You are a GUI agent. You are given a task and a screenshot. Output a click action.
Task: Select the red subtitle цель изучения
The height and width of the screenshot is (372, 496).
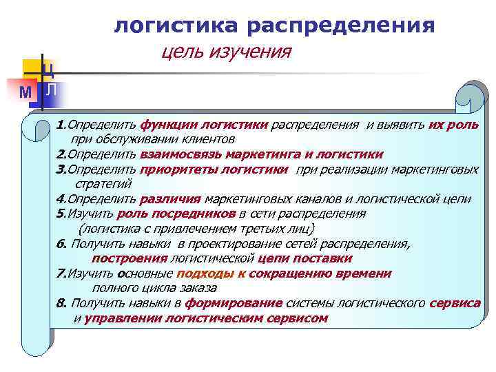click(226, 52)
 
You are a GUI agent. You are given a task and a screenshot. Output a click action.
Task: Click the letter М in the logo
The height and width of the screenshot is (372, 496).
click(25, 92)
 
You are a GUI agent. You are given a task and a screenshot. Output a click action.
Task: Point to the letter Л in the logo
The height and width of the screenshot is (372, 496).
click(51, 90)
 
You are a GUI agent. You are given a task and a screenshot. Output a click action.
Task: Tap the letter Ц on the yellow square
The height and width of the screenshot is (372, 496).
click(49, 69)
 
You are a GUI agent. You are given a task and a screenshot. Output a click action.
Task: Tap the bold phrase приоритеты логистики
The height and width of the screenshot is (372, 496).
click(214, 169)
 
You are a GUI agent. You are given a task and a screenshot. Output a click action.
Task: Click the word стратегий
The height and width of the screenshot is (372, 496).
click(102, 184)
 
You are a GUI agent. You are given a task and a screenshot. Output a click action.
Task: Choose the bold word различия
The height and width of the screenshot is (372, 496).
click(170, 199)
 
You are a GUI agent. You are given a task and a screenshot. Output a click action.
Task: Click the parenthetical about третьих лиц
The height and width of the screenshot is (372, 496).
click(196, 229)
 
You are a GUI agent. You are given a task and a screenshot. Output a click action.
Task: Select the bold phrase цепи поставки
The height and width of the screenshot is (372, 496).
click(304, 258)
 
